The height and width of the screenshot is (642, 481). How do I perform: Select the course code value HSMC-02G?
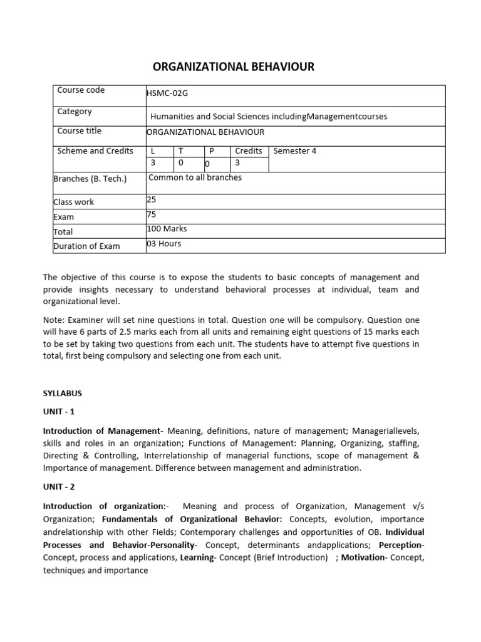point(167,93)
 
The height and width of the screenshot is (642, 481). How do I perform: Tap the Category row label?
point(75,112)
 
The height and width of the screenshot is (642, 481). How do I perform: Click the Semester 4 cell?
point(291,151)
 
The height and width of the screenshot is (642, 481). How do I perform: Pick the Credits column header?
point(248,151)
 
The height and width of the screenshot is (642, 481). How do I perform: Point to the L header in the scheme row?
point(152,151)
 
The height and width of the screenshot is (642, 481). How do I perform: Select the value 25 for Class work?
point(151,199)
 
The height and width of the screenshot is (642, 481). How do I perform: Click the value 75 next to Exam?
point(151,214)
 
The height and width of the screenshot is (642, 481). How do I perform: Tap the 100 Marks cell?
point(167,229)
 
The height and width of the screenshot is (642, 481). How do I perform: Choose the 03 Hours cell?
point(163,243)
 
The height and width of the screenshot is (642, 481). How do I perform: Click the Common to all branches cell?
point(195,177)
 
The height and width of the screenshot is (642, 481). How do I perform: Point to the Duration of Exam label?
point(86,246)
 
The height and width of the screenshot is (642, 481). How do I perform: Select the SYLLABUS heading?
point(62,394)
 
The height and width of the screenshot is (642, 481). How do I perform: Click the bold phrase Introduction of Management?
point(101,431)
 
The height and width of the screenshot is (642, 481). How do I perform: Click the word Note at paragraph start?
point(53,320)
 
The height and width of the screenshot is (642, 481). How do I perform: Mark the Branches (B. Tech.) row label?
point(90,179)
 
